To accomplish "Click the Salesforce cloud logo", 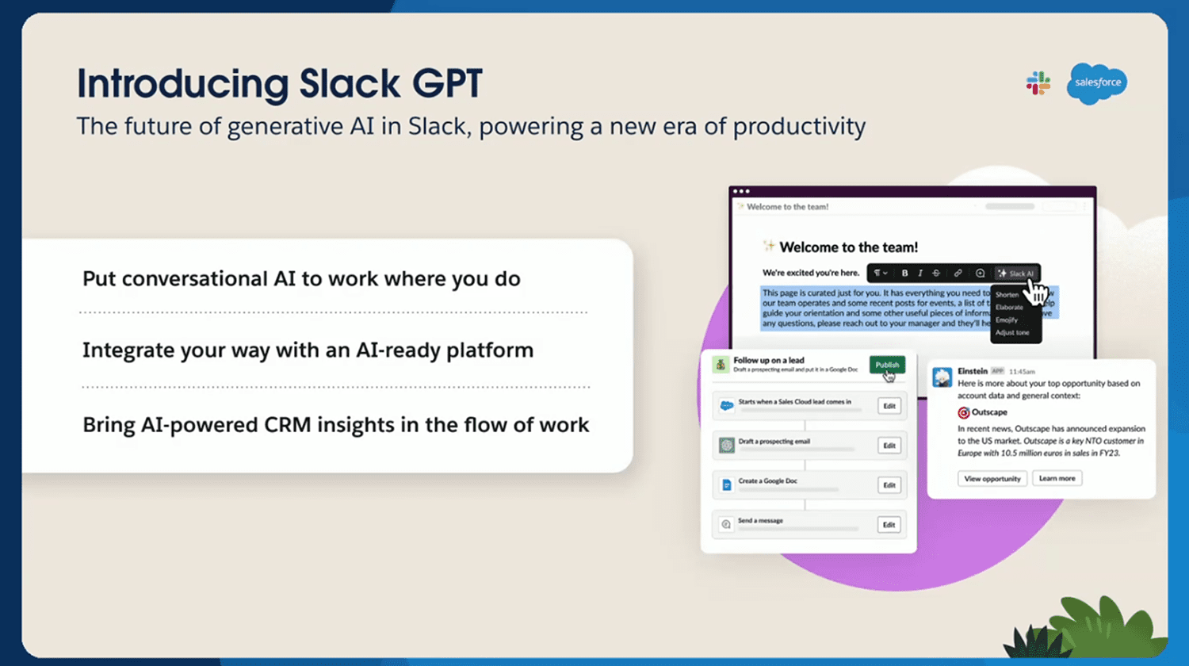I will click(1097, 83).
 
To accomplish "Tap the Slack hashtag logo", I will click(1038, 83).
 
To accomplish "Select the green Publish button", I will click(887, 365).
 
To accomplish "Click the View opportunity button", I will click(992, 479).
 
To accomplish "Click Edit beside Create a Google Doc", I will click(889, 485).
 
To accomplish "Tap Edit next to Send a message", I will click(889, 525).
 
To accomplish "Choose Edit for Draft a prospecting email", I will click(889, 446).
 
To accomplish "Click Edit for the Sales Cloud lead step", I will click(889, 406).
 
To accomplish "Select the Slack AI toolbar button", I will click(1015, 274).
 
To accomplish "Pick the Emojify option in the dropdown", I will click(1007, 320).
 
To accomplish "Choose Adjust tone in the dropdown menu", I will click(1012, 333).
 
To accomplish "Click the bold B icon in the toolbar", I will click(904, 274).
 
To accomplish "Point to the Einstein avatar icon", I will click(942, 377).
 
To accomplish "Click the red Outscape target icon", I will click(964, 413).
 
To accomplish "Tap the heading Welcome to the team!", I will click(848, 247).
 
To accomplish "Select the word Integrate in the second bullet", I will click(123, 350).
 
